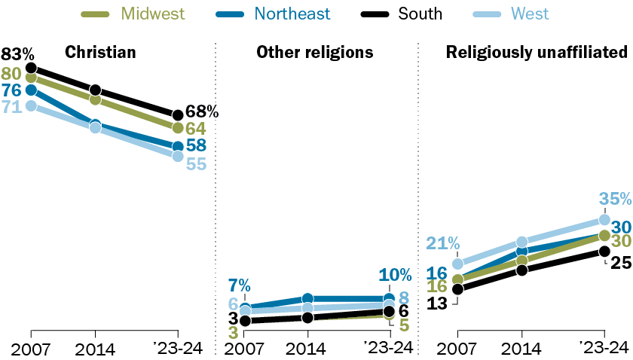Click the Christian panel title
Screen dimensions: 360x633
tap(100, 52)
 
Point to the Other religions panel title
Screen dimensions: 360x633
tap(315, 52)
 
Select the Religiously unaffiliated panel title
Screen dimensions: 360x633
tap(537, 52)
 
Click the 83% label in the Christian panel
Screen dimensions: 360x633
tap(17, 53)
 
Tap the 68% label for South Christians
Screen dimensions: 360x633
tap(202, 112)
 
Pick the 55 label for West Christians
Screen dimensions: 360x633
tap(196, 163)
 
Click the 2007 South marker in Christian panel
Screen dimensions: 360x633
tap(31, 69)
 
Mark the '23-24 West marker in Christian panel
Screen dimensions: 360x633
tap(177, 156)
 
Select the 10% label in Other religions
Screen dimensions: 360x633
tap(396, 276)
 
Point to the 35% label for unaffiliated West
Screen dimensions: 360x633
tap(614, 200)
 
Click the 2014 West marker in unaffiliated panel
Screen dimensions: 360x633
tap(521, 243)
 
